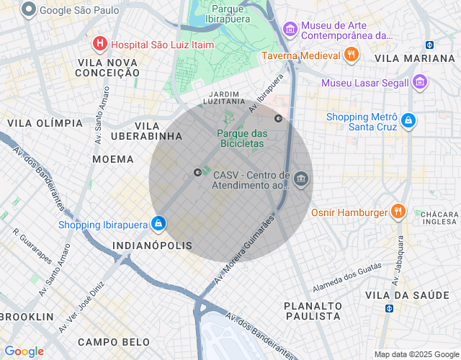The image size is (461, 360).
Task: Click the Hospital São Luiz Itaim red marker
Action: coord(99,44)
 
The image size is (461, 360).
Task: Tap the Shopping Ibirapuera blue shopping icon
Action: coord(157,225)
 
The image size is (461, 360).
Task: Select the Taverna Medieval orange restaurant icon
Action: coord(351,55)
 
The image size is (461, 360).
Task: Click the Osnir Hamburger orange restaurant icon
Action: coord(398,212)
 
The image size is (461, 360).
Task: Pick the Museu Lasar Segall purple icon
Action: coord(420,83)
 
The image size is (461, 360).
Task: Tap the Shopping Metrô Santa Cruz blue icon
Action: coord(408,120)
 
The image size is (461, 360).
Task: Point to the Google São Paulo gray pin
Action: coord(29,10)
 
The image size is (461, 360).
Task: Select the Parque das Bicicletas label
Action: coord(242,138)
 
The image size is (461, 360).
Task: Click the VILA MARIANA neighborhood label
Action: coord(414,58)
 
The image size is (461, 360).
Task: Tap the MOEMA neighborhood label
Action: coord(113,158)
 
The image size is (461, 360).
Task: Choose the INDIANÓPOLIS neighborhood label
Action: coord(153,246)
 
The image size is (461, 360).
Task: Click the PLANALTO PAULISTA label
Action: coord(312,311)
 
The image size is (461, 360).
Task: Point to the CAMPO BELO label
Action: coord(114,342)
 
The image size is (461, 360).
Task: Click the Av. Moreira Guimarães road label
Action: coord(244,249)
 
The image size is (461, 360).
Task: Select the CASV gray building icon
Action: coord(301,179)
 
